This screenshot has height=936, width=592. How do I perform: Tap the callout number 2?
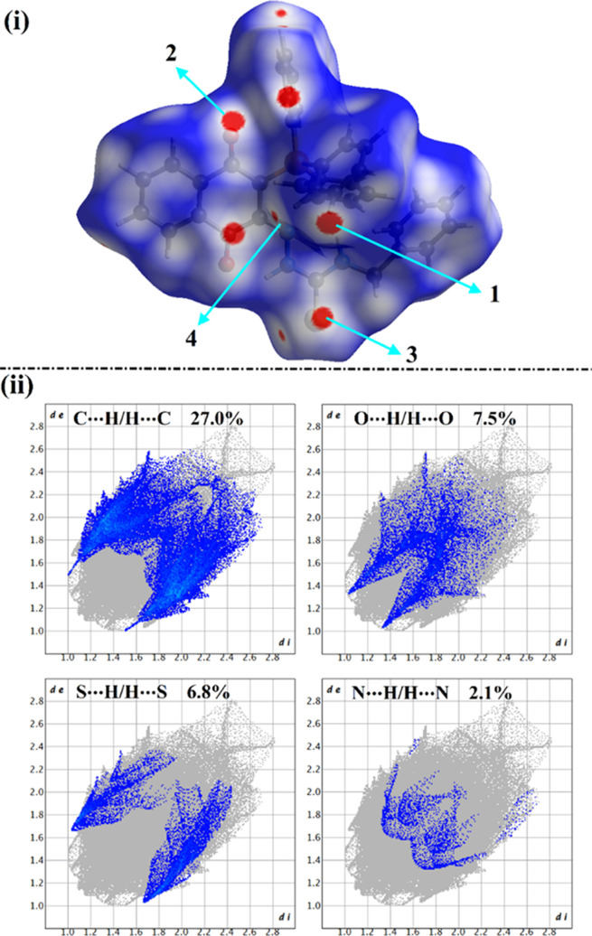[170, 54]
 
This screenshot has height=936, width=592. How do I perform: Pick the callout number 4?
[191, 338]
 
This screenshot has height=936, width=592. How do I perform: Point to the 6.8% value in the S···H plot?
[204, 693]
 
